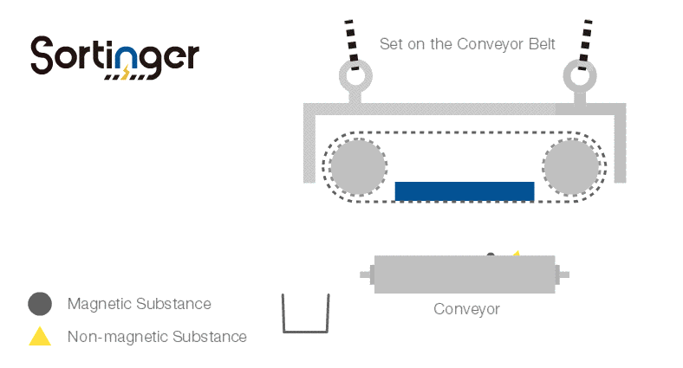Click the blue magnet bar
click(464, 191)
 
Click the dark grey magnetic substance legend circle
click(40, 304)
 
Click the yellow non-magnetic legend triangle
click(40, 337)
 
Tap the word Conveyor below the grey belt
click(466, 309)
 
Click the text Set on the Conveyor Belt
click(467, 44)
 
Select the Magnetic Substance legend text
click(139, 304)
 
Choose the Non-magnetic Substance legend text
click(157, 337)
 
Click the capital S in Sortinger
click(43, 55)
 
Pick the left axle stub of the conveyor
click(367, 275)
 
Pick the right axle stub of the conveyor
click(563, 274)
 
